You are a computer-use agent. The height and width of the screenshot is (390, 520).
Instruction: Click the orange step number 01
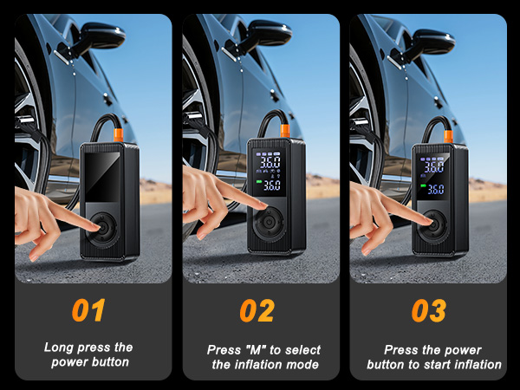(x=88, y=310)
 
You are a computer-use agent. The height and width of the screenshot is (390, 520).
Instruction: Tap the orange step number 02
(x=257, y=310)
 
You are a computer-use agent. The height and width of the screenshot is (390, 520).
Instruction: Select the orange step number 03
(x=428, y=310)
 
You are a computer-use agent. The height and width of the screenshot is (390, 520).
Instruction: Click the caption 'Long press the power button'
(x=88, y=354)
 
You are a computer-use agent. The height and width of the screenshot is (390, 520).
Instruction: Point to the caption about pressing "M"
(x=263, y=357)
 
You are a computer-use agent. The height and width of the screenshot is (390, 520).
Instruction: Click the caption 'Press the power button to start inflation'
(x=433, y=357)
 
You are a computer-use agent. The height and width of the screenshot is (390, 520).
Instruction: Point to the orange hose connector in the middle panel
(x=283, y=131)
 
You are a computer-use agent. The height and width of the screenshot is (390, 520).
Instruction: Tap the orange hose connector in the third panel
(x=449, y=135)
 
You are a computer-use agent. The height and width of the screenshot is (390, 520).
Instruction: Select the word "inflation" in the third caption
(x=475, y=365)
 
